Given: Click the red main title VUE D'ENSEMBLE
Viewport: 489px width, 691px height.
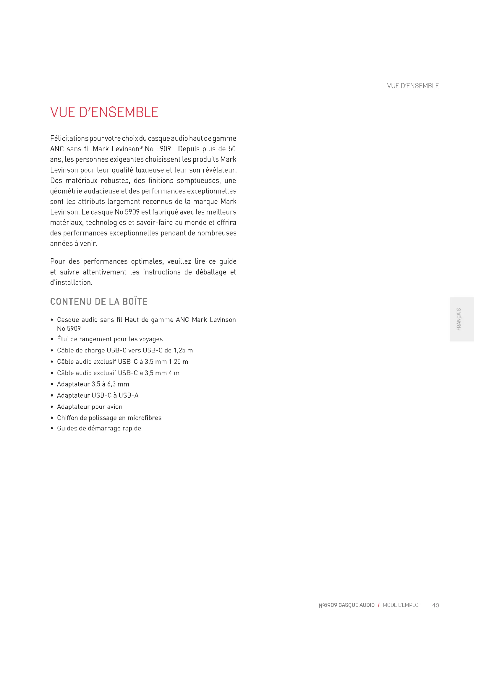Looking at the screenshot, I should [x=104, y=112].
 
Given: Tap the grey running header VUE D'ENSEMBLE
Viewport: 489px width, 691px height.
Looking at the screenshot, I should [x=412, y=86].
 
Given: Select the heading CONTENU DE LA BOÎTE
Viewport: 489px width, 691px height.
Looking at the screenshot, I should [x=99, y=301].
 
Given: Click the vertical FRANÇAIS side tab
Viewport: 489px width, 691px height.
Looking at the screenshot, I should [x=459, y=319].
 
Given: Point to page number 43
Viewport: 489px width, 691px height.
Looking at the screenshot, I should [x=435, y=605].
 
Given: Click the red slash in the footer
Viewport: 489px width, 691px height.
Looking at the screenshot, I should [x=378, y=605].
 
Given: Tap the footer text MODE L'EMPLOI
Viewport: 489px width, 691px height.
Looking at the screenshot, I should [x=401, y=605].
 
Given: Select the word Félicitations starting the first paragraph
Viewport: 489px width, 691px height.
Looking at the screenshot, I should [x=69, y=139].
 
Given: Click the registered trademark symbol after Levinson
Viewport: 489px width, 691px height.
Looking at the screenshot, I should [x=141, y=147].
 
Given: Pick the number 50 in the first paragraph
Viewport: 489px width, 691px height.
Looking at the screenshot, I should [x=232, y=149].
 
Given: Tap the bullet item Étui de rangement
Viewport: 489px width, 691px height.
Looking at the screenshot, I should [x=110, y=339].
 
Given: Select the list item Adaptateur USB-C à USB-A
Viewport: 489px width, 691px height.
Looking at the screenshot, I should [x=98, y=395].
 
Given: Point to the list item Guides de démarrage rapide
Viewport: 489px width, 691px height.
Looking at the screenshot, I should [x=99, y=428].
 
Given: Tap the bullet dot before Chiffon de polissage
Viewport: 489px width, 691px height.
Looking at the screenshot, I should [x=52, y=418].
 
